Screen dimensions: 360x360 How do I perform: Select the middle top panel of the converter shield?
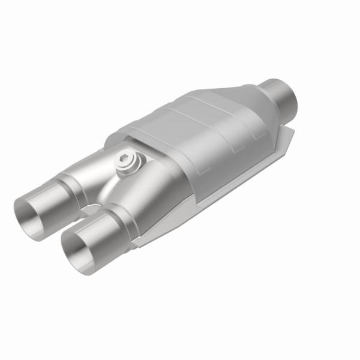192,120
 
